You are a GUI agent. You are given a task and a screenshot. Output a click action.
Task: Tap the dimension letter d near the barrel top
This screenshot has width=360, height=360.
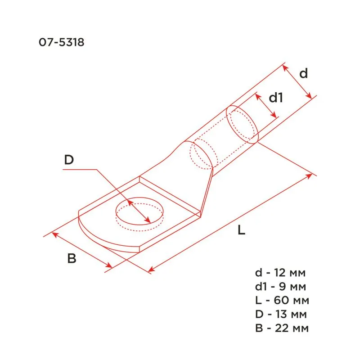point(304,73)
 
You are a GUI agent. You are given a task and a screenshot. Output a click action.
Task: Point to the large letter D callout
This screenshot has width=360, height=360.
point(68,160)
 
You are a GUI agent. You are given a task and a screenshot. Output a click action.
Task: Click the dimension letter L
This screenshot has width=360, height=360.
point(242,231)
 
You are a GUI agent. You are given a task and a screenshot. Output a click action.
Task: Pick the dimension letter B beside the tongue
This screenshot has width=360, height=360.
point(72,259)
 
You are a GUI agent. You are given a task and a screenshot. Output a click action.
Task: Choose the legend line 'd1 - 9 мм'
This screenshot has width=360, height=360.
point(281,287)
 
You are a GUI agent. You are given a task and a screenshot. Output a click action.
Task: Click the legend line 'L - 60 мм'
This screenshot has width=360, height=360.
point(281,300)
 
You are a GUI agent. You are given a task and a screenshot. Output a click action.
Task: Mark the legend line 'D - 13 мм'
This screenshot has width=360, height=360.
point(281,314)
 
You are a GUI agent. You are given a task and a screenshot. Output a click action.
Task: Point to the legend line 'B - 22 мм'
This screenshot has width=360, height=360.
point(281,328)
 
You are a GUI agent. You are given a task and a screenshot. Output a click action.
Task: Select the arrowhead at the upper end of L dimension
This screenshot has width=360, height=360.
point(310,174)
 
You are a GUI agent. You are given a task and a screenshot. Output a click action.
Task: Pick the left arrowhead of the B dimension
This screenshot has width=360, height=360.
point(55,234)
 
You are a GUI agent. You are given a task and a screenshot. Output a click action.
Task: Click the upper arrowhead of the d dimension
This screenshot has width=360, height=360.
point(284,67)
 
